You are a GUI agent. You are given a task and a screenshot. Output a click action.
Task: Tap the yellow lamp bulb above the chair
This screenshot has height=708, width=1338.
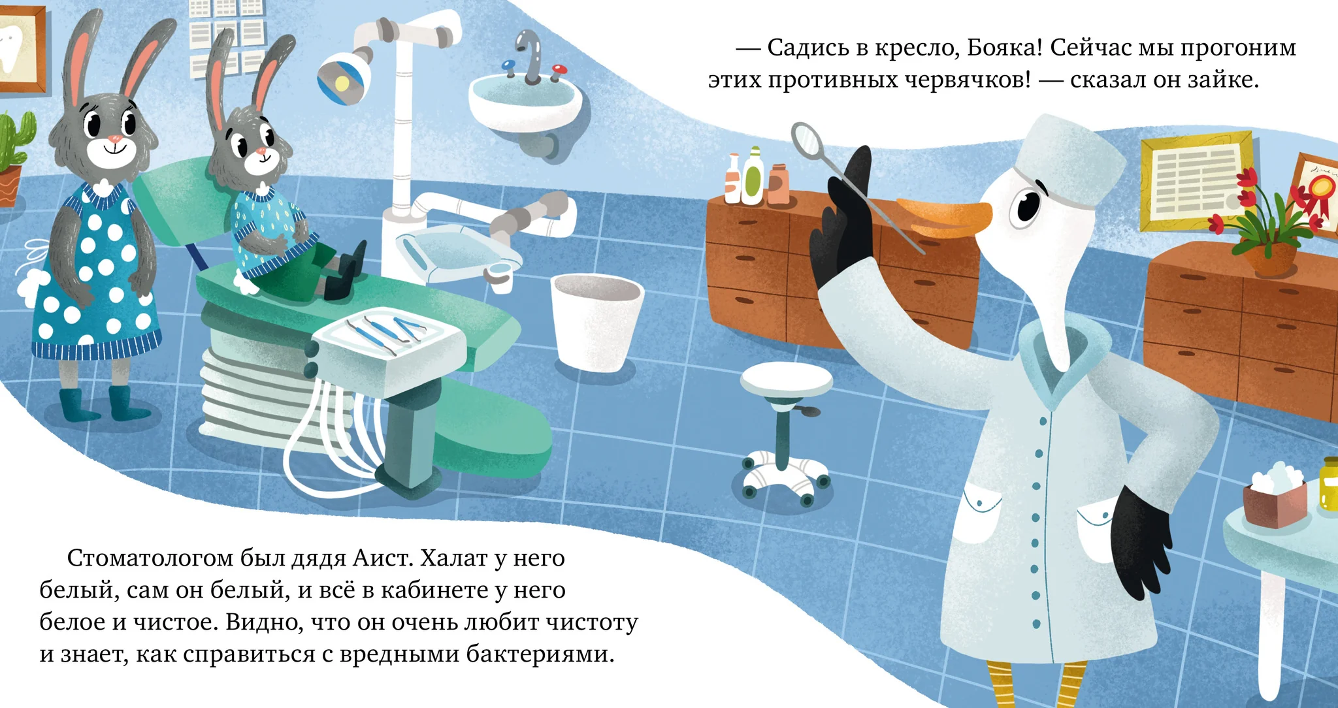340,82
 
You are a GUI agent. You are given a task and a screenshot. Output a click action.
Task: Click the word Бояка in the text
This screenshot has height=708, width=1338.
1005,48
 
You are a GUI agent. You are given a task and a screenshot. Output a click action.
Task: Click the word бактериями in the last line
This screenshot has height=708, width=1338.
540,654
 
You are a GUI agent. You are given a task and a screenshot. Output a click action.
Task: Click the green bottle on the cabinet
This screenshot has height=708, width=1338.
753,175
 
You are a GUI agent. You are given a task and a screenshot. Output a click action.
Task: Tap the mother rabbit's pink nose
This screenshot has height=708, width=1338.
114,138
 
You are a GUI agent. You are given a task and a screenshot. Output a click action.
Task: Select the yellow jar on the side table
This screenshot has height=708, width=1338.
1329,484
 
